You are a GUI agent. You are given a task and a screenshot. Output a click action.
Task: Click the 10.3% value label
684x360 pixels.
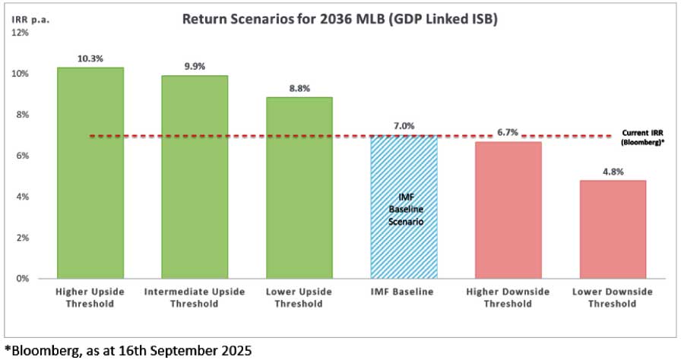tap(90, 58)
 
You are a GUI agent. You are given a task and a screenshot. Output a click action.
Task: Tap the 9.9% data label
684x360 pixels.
tap(195, 66)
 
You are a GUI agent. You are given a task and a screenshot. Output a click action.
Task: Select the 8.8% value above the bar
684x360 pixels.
tap(299, 88)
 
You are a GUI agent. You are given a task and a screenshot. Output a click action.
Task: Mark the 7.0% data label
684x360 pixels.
tap(404, 125)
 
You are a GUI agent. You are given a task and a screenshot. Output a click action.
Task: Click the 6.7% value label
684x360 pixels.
tap(508, 132)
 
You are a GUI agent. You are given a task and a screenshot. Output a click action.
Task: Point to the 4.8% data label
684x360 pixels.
tap(612, 172)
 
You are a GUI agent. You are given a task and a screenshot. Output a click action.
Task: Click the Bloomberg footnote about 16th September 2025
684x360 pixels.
tap(128, 350)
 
